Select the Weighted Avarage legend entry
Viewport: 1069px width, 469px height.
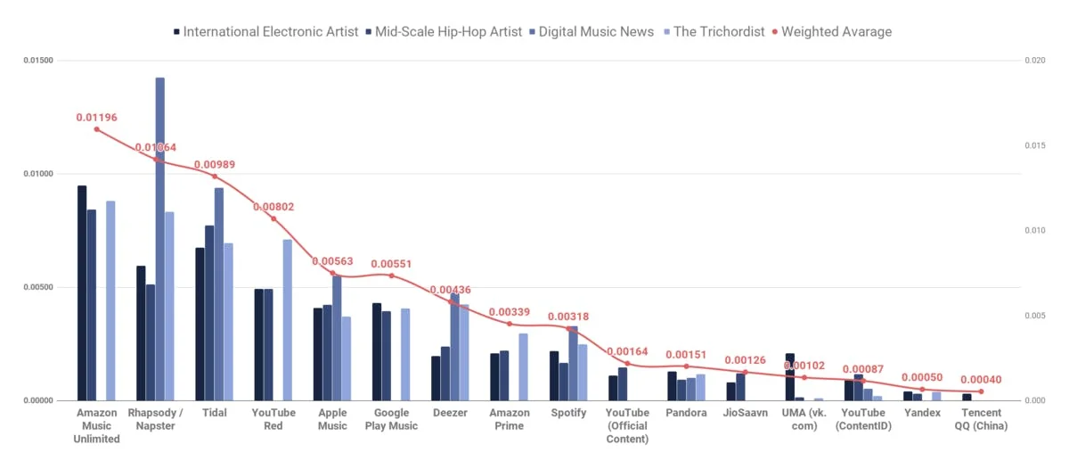click(832, 31)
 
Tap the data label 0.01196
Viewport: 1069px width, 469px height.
click(96, 117)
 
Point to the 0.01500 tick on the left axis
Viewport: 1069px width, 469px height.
click(37, 61)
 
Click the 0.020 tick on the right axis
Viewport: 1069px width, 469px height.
click(1034, 61)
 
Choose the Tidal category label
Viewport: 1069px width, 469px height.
click(214, 413)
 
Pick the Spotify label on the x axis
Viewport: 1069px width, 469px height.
click(568, 413)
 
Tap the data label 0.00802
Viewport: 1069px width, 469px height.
click(273, 207)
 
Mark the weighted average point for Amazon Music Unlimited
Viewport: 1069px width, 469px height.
click(97, 129)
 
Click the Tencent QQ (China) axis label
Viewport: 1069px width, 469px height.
click(981, 419)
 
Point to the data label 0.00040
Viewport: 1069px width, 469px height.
click(981, 380)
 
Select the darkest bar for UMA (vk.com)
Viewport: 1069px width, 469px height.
click(789, 377)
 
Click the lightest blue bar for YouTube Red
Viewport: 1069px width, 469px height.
click(288, 320)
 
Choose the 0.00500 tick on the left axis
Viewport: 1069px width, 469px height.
click(37, 287)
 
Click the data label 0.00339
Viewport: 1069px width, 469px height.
click(510, 311)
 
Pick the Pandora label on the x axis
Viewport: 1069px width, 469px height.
click(686, 413)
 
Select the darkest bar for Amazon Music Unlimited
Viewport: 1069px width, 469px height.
click(82, 293)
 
